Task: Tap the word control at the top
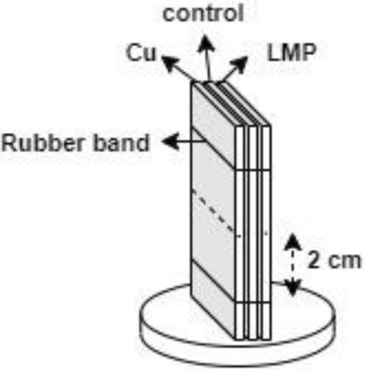[x=203, y=13]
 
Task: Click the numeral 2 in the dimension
[x=314, y=260]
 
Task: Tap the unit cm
[x=342, y=261]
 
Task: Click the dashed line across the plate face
[x=213, y=211]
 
